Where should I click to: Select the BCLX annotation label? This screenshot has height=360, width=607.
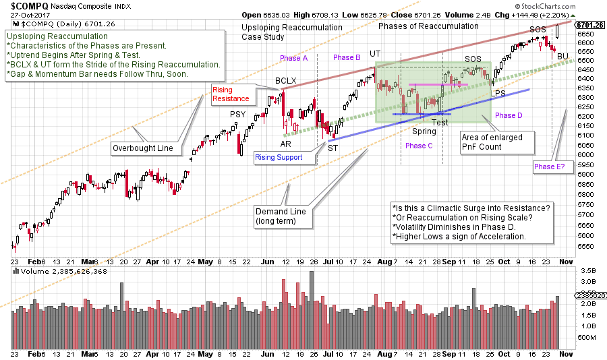click(x=285, y=81)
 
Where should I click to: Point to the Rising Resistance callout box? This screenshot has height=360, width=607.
click(x=231, y=94)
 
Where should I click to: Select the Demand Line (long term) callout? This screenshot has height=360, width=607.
click(x=281, y=216)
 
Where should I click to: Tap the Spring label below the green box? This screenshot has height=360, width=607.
click(x=424, y=131)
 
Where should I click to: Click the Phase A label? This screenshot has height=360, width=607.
click(x=295, y=58)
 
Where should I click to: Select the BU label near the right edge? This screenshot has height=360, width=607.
click(x=562, y=55)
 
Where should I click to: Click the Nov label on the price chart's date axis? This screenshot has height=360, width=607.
click(x=568, y=262)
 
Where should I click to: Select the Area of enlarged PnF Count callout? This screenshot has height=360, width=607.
click(x=496, y=142)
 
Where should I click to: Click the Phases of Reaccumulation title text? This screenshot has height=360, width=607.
click(x=419, y=26)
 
